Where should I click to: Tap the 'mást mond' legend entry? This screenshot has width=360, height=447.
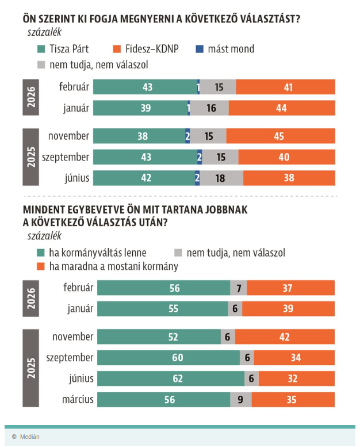[x=226, y=49]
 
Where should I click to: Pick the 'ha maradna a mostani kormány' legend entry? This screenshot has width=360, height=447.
[x=107, y=266]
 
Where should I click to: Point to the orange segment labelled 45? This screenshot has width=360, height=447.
[x=281, y=136]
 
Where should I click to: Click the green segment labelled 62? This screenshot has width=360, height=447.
[x=171, y=378]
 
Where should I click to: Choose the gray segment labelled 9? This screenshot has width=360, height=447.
[x=240, y=399]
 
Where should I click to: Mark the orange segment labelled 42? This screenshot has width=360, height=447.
[x=285, y=337]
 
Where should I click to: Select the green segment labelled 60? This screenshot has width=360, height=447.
[x=168, y=357]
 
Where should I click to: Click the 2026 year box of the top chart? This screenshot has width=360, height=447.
[x=31, y=98]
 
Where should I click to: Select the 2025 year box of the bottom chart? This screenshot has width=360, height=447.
[x=31, y=368]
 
